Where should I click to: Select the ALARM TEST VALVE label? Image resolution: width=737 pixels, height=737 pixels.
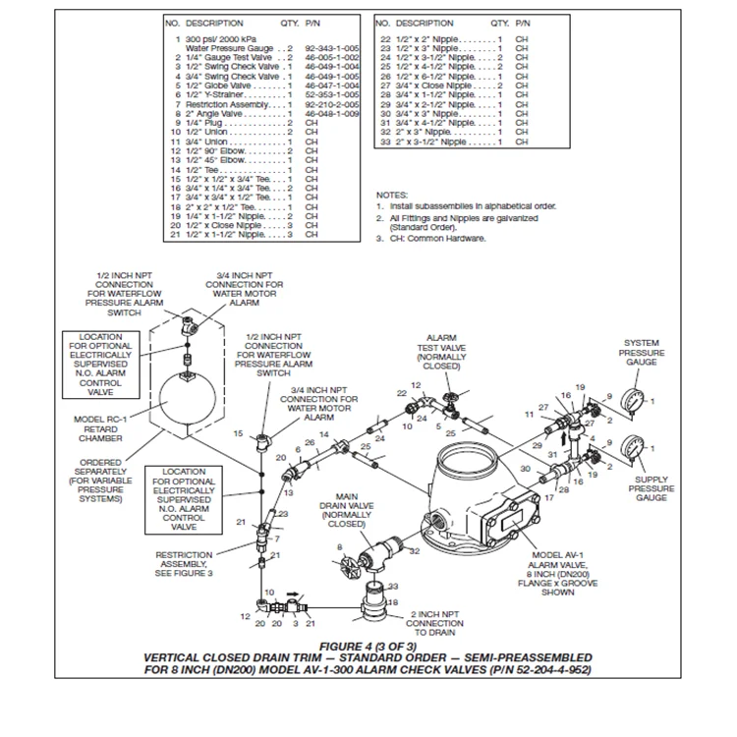(442, 352)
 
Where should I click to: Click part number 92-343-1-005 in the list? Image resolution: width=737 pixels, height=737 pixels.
(326, 47)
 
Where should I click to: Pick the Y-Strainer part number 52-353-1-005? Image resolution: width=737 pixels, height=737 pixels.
(326, 94)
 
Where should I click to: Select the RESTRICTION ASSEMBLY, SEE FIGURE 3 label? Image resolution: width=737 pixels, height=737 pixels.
(184, 564)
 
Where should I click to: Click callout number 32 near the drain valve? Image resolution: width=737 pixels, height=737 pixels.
(414, 551)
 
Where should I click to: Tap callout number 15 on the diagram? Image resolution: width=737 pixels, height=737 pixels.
(238, 433)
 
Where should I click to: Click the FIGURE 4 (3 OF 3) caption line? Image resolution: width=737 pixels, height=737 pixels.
(368, 646)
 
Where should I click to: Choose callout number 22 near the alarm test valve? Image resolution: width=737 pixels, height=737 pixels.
(402, 393)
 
